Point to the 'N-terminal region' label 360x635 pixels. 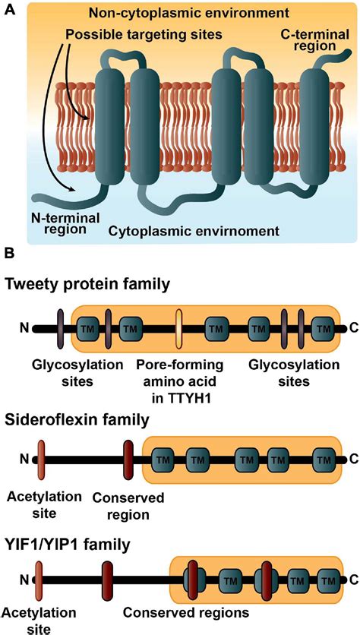65,223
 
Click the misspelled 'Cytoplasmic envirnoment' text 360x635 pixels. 194,232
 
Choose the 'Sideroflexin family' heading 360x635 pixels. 77,420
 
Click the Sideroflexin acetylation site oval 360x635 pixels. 41,460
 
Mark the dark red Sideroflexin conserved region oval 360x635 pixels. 128,460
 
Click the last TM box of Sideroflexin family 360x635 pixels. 324,460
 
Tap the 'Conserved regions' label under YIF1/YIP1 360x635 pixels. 186,613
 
